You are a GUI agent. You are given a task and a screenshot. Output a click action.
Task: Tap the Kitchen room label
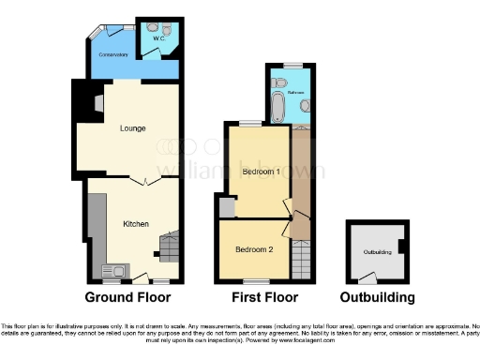(x=136, y=224)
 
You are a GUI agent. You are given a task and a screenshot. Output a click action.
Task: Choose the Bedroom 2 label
(x=253, y=249)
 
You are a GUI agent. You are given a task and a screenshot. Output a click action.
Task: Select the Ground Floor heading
(x=127, y=297)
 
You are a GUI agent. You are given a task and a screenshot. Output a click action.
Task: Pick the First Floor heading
(x=262, y=297)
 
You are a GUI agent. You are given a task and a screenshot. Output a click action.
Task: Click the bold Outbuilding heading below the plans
(x=378, y=297)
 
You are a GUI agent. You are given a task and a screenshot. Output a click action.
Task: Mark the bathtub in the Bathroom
(x=277, y=104)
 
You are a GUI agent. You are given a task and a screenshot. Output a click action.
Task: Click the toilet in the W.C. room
(x=151, y=27)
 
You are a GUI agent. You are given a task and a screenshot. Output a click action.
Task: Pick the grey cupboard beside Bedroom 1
(x=225, y=206)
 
